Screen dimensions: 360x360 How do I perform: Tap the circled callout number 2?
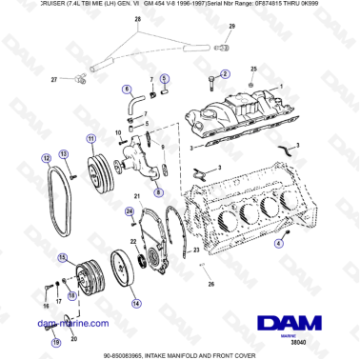coord(226,73)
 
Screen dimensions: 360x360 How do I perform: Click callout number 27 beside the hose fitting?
coord(55,81)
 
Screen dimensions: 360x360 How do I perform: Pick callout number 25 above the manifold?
coord(252,70)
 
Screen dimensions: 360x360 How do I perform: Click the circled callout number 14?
coord(136,303)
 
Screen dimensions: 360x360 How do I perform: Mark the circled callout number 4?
coord(277,244)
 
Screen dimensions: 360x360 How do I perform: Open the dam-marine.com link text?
coord(44,323)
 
